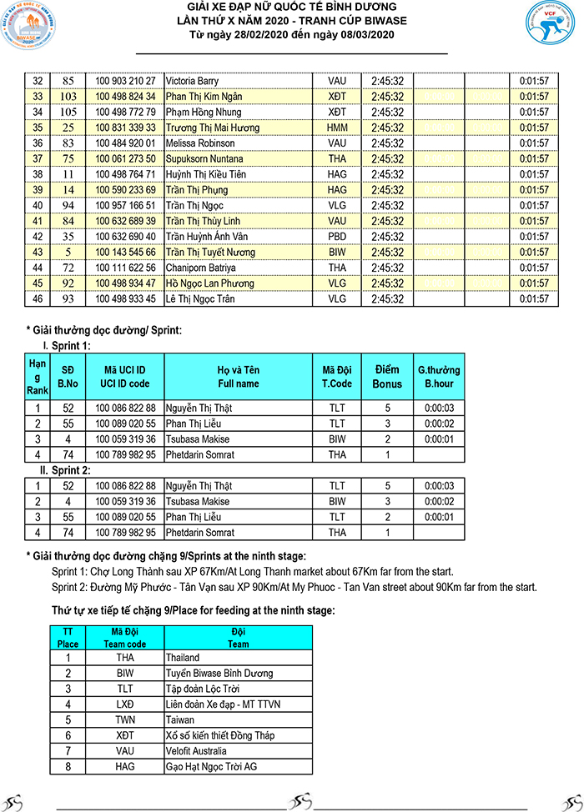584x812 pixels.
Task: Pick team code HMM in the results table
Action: tap(337, 128)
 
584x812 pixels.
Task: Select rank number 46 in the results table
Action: tap(37, 298)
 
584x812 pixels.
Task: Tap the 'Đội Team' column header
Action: tap(238, 638)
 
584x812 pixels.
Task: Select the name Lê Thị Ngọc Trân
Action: tap(201, 298)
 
